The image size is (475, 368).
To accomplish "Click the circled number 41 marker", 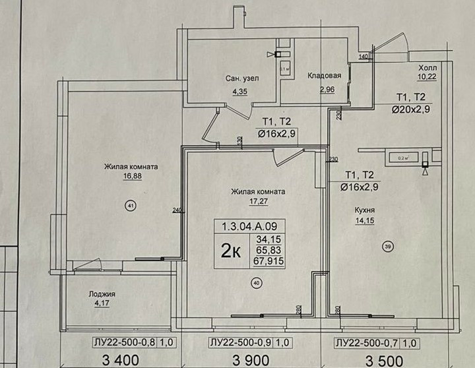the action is pos(130,206).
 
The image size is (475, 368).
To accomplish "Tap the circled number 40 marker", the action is pos(256,283).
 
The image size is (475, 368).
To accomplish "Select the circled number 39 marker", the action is pos(387,246).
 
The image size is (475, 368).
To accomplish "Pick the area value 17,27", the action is pos(257,202).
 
